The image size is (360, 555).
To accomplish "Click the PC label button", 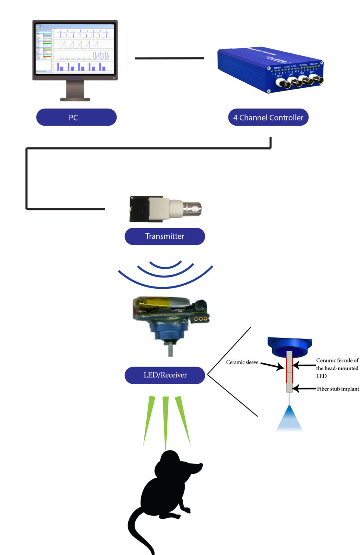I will [x=76, y=117].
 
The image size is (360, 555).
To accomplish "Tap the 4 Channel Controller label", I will [x=268, y=117].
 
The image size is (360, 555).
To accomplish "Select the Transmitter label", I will [x=164, y=236].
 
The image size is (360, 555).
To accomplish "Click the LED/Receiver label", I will [x=164, y=375].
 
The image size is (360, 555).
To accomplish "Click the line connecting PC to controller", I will [x=169, y=58].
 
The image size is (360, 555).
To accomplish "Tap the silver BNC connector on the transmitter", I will [x=193, y=208].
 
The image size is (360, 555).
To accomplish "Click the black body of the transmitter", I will [x=139, y=208].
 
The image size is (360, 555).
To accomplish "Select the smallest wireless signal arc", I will [x=165, y=266].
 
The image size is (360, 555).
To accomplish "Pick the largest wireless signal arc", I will [x=165, y=286].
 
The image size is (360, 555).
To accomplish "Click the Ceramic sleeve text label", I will [x=242, y=362].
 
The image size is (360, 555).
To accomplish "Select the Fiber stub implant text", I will [x=338, y=389].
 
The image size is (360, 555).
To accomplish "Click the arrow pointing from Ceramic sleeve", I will [x=272, y=366].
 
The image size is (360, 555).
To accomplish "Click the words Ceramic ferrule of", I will [x=337, y=361].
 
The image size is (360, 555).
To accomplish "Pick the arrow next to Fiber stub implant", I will [x=304, y=389].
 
